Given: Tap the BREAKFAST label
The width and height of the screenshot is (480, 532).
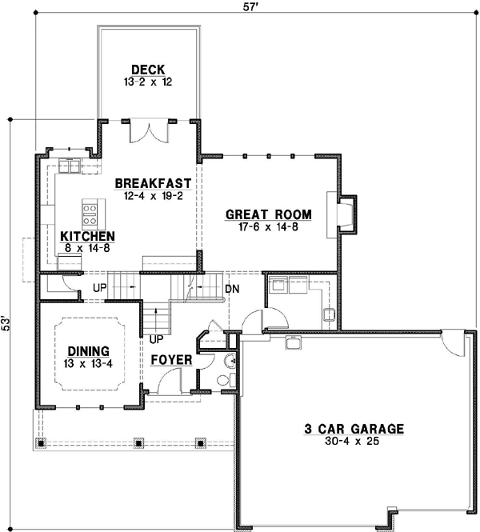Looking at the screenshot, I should pyautogui.click(x=152, y=183).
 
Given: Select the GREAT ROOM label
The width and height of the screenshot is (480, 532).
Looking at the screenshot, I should pyautogui.click(x=268, y=214).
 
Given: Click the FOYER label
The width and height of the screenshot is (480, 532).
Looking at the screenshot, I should pyautogui.click(x=172, y=361).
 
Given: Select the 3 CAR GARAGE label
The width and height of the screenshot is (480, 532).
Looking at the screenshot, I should pyautogui.click(x=354, y=428).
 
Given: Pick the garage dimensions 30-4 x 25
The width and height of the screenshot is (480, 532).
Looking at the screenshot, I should pyautogui.click(x=354, y=441).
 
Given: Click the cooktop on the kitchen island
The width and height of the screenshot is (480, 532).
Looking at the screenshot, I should pyautogui.click(x=90, y=214).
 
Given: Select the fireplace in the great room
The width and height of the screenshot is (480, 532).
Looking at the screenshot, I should pyautogui.click(x=342, y=214).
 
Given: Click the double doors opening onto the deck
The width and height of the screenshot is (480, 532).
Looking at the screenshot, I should pyautogui.click(x=149, y=130).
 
